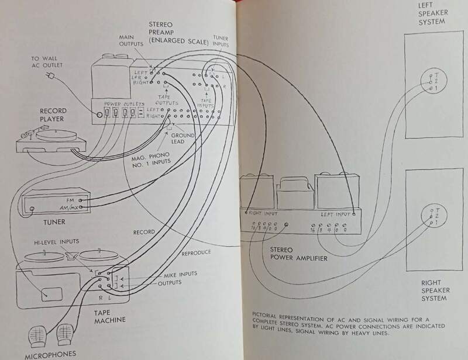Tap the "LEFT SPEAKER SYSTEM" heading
[433, 15]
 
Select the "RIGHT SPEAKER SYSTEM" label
[435, 290]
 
